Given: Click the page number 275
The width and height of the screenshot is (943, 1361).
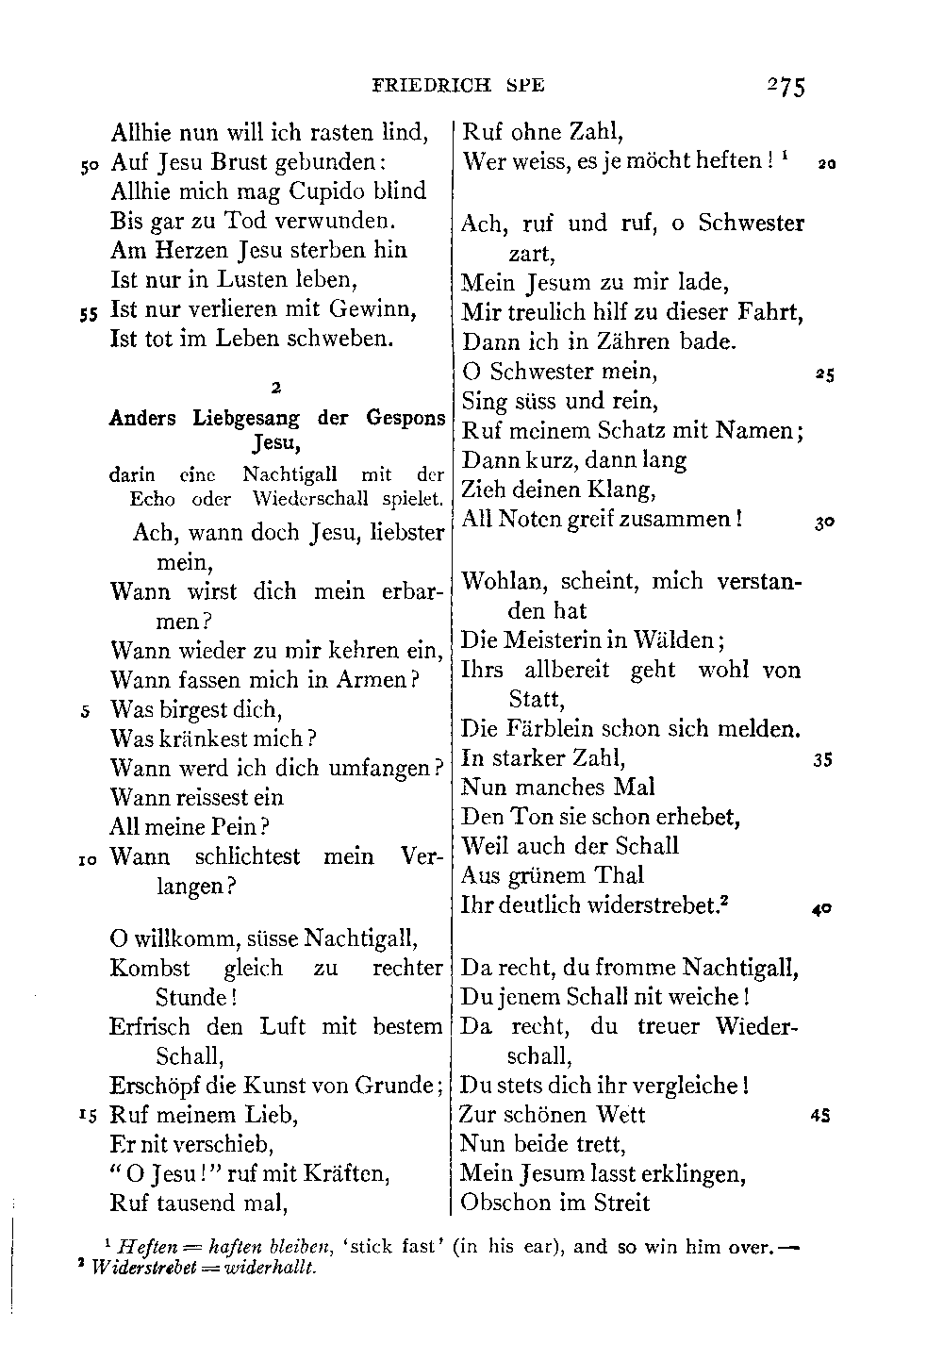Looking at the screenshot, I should pyautogui.click(x=785, y=87).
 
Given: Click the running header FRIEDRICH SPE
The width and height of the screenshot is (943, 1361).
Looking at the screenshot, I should pyautogui.click(x=458, y=86).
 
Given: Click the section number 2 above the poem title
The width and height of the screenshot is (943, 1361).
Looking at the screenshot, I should pyautogui.click(x=274, y=387).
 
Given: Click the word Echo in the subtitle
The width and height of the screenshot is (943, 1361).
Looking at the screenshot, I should pyautogui.click(x=153, y=499).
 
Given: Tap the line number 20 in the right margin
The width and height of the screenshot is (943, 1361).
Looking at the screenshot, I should pyautogui.click(x=826, y=163).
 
